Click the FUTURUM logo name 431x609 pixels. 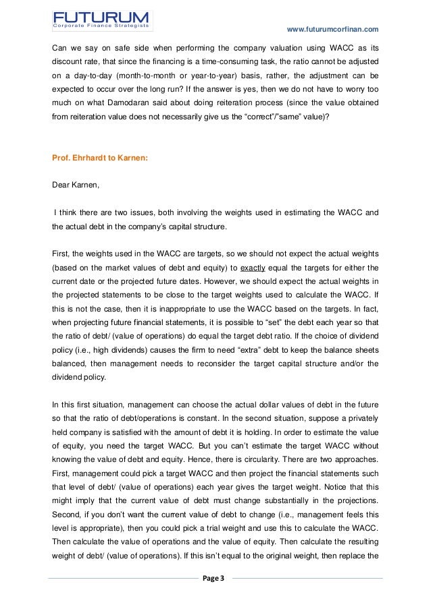pos(101,14)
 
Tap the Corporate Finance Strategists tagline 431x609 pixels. pos(101,26)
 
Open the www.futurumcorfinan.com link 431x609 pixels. pos(333,29)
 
